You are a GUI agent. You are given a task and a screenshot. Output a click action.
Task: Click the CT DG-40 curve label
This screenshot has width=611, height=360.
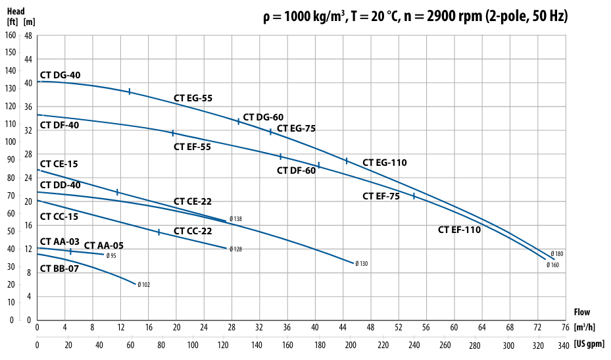click(x=61, y=75)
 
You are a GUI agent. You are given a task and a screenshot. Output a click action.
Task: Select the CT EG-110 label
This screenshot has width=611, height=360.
click(x=385, y=163)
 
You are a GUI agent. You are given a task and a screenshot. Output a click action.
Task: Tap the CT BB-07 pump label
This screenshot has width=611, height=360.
click(x=60, y=269)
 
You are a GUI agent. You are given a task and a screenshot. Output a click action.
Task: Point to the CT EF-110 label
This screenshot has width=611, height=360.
click(x=460, y=230)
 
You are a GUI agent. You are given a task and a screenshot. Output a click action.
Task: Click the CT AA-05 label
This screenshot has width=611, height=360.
click(x=104, y=245)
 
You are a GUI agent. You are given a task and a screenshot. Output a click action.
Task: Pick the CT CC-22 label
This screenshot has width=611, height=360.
click(x=193, y=231)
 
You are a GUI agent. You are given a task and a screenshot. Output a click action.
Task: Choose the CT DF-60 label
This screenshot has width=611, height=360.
click(x=296, y=170)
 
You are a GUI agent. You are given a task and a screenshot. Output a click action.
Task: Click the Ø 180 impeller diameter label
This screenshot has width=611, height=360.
click(x=557, y=254)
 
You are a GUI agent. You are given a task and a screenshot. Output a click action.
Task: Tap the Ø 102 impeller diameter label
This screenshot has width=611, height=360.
click(x=144, y=285)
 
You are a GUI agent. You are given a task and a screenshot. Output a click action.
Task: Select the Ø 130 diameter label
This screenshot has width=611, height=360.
click(x=361, y=264)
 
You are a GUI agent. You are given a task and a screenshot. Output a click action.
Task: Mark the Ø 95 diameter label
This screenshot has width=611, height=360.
click(x=112, y=255)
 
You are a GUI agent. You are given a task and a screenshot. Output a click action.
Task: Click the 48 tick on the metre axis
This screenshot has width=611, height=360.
click(x=28, y=35)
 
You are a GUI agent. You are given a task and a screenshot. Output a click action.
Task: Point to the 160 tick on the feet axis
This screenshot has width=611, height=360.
click(x=11, y=35)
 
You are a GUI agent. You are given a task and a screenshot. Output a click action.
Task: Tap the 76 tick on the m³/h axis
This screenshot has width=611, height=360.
click(x=565, y=327)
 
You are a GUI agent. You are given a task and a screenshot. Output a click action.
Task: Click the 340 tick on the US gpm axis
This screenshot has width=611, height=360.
click(x=563, y=344)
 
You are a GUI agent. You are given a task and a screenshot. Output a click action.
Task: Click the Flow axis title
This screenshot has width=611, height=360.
click(x=582, y=312)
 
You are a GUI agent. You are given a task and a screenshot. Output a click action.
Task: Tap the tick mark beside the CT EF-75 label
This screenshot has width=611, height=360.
click(x=414, y=196)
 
